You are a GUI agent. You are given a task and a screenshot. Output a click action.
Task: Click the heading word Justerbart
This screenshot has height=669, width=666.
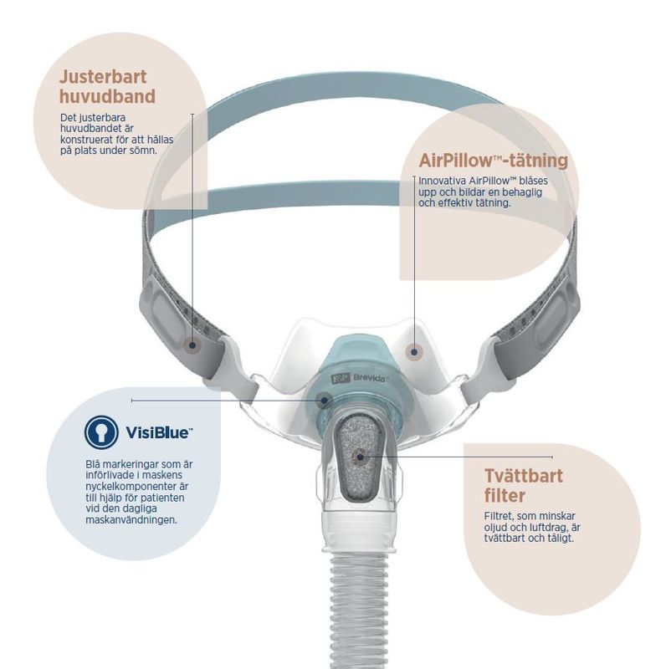103,77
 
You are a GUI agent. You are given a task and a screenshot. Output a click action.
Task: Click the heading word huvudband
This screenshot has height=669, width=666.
107,96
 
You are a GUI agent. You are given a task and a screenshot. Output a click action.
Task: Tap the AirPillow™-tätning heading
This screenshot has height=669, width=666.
493,161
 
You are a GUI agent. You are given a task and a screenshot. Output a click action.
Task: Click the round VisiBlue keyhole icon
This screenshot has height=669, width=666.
101,432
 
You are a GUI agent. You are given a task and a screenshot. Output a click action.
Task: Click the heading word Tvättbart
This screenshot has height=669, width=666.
524,476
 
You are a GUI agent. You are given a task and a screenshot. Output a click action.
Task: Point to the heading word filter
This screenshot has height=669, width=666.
505,496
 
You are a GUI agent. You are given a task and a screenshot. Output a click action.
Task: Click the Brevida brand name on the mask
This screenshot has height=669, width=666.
370,378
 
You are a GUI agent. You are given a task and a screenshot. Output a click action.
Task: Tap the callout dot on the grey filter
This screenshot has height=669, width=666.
360,457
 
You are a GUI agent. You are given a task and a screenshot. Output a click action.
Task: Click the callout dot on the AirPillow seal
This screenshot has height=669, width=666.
413,352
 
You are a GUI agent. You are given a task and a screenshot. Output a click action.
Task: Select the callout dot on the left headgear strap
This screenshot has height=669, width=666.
192,345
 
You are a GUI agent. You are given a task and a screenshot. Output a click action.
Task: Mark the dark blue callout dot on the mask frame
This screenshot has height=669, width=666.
325,401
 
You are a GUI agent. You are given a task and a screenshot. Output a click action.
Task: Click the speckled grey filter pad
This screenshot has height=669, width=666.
360,457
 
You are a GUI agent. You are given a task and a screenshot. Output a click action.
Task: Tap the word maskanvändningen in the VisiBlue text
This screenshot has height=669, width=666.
131,520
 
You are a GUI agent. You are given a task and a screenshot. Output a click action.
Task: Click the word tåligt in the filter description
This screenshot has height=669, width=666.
560,539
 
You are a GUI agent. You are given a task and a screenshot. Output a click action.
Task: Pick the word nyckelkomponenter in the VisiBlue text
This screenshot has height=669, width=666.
136,487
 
